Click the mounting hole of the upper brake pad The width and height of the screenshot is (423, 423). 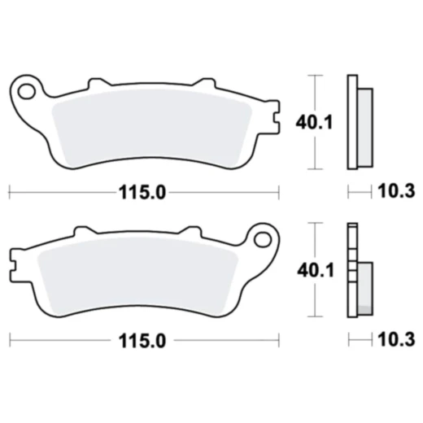[x=26, y=89]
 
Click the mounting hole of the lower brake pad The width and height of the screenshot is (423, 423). [x=261, y=239]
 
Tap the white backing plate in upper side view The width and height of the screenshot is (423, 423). [x=352, y=122]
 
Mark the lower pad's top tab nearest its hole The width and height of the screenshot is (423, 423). [x=190, y=232]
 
